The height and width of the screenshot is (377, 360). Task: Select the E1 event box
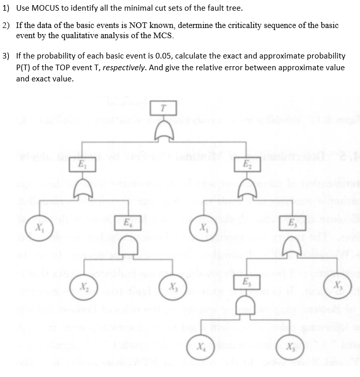click(x=80, y=165)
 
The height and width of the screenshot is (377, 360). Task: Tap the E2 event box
click(x=246, y=165)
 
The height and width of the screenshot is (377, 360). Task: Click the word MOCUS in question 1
click(x=46, y=8)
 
